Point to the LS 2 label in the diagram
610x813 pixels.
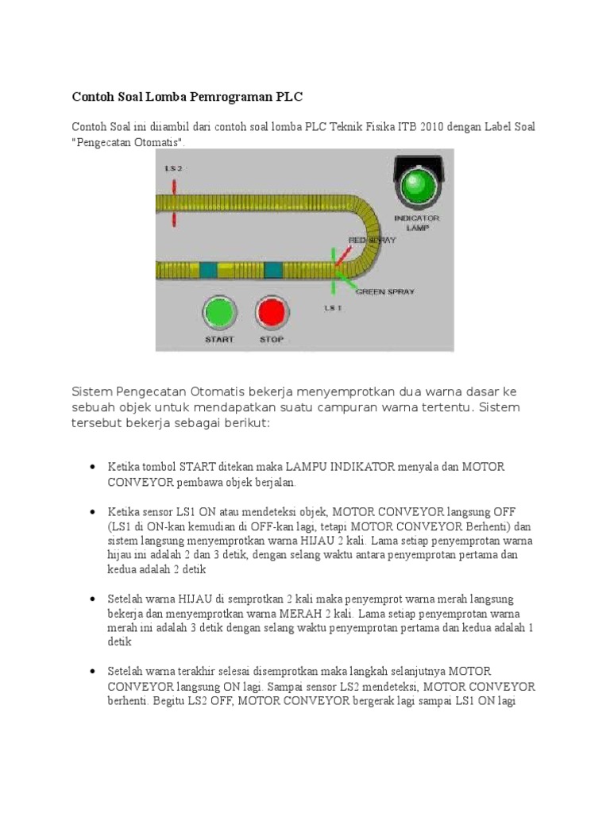173,168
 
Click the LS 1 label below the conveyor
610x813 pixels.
334,306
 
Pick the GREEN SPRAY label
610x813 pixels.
384,291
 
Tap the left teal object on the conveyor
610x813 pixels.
209,270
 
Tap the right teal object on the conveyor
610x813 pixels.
272,270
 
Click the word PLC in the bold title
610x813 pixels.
290,97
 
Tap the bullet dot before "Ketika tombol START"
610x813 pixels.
94,467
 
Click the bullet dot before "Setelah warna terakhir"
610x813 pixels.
94,672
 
